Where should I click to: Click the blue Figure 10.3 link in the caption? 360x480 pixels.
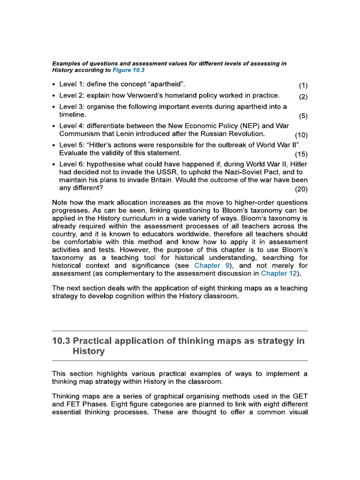coord(128,70)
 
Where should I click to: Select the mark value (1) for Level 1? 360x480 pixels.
coord(303,85)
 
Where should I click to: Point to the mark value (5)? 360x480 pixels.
coord(303,115)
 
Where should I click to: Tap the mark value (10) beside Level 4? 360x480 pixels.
coord(301,135)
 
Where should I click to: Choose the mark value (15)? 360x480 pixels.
coord(301,154)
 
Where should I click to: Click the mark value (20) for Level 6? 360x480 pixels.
coord(301,189)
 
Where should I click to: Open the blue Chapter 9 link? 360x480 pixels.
coord(213,265)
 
